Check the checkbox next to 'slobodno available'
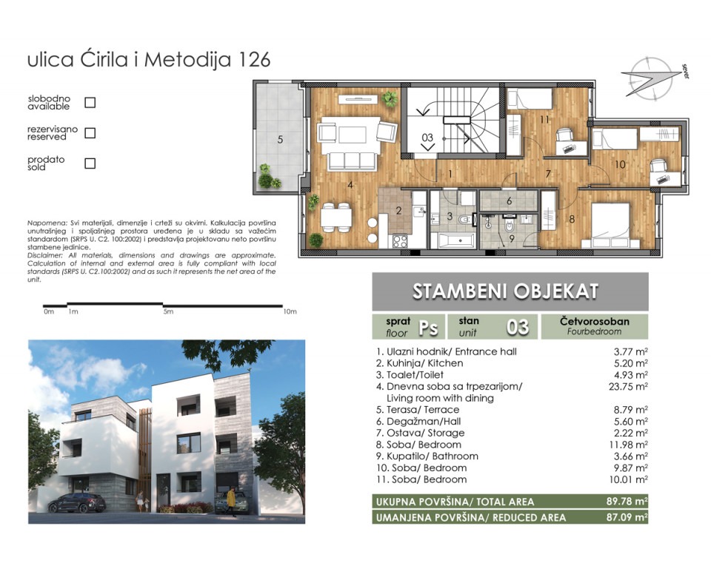90,102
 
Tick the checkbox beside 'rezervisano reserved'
90,133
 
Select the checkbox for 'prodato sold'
90,163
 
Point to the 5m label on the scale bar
168,311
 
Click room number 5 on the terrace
280,139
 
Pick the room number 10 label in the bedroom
620,164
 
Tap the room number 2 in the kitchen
398,211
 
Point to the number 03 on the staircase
427,137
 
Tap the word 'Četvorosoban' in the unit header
594,321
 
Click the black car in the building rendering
77,502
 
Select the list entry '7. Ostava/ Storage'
421,433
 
